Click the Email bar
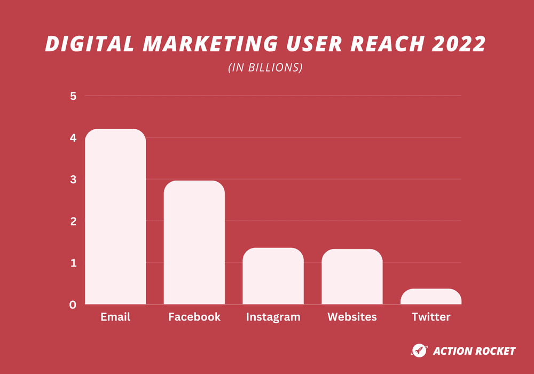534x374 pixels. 115,216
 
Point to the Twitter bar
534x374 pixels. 431,297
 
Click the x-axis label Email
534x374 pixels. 115,317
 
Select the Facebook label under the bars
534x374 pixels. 194,317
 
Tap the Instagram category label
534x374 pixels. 273,317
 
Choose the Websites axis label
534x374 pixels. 352,317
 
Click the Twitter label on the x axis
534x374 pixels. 431,317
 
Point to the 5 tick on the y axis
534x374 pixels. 73,96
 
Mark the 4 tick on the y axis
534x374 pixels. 73,138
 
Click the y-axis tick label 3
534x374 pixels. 73,180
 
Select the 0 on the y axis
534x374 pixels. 73,305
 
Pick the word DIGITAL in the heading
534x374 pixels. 90,44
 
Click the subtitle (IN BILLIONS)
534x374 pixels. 265,68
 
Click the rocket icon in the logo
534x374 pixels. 419,350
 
